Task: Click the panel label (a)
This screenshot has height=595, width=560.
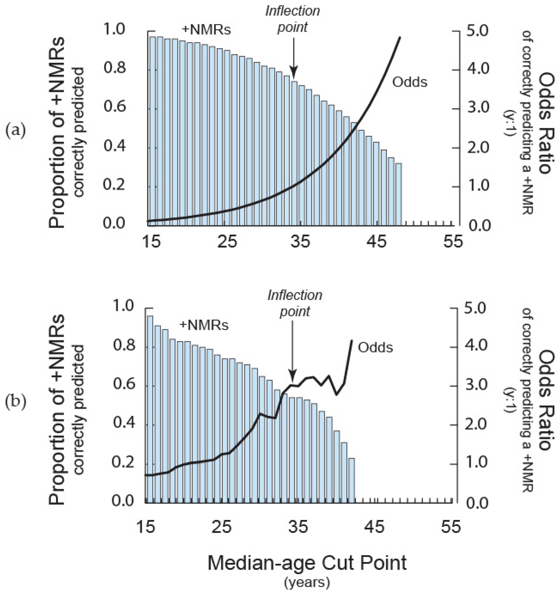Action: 16,131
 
